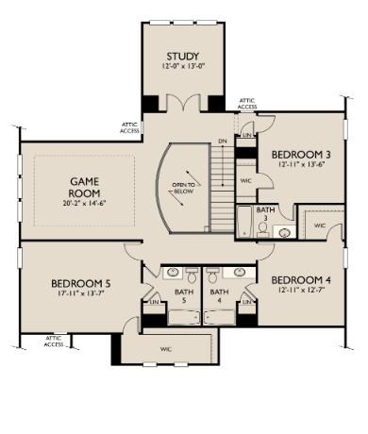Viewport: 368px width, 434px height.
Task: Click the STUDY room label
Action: point(182,57)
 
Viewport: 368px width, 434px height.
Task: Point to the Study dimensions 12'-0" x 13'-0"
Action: point(182,68)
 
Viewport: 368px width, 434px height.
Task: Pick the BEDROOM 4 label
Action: point(299,280)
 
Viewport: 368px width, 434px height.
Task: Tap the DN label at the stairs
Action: point(222,142)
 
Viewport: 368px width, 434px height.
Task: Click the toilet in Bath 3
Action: point(262,229)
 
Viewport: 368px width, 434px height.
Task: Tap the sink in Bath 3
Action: point(285,229)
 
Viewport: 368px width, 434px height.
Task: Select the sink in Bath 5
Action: point(175,274)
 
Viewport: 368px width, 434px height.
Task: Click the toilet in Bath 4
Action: point(213,276)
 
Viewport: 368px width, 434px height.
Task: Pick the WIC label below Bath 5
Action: point(166,349)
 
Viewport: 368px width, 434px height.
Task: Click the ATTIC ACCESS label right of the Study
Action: point(247,104)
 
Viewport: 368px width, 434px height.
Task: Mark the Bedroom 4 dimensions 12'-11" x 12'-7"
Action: point(299,292)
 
